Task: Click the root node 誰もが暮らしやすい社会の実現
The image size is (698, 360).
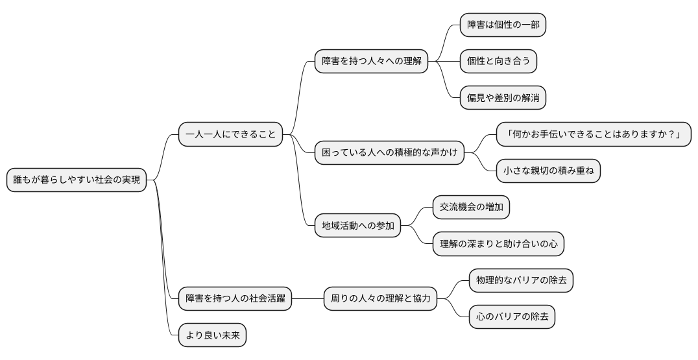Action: pyautogui.click(x=77, y=180)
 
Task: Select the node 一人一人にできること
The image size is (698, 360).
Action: pyautogui.click(x=230, y=135)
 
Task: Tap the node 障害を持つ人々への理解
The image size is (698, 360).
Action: pyautogui.click(x=371, y=62)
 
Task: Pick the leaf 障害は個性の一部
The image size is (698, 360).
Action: pyautogui.click(x=503, y=25)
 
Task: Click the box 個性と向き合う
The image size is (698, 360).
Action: pyautogui.click(x=498, y=62)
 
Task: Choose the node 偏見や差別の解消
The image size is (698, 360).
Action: pyautogui.click(x=503, y=98)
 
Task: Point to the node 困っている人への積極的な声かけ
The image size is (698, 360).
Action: pyautogui.click(x=389, y=153)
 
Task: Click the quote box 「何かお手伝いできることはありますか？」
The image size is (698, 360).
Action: pyautogui.click(x=594, y=135)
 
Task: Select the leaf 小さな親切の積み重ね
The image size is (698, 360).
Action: pyautogui.click(x=548, y=171)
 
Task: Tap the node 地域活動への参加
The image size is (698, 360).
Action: pyautogui.click(x=357, y=226)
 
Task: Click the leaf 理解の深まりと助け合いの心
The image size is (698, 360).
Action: pyautogui.click(x=498, y=244)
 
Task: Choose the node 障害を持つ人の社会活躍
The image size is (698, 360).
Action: pyautogui.click(x=235, y=299)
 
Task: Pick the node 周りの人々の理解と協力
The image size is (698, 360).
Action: pyautogui.click(x=380, y=299)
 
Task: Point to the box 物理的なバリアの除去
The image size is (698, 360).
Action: pyautogui.click(x=521, y=281)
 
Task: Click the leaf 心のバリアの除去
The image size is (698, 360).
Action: pyautogui.click(x=512, y=317)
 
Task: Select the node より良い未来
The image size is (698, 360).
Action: pyautogui.click(x=212, y=335)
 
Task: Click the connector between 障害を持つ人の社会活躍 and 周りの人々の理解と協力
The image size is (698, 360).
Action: pyautogui.click(x=307, y=299)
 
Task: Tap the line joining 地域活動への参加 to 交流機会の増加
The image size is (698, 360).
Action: pyautogui.click(x=417, y=217)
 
